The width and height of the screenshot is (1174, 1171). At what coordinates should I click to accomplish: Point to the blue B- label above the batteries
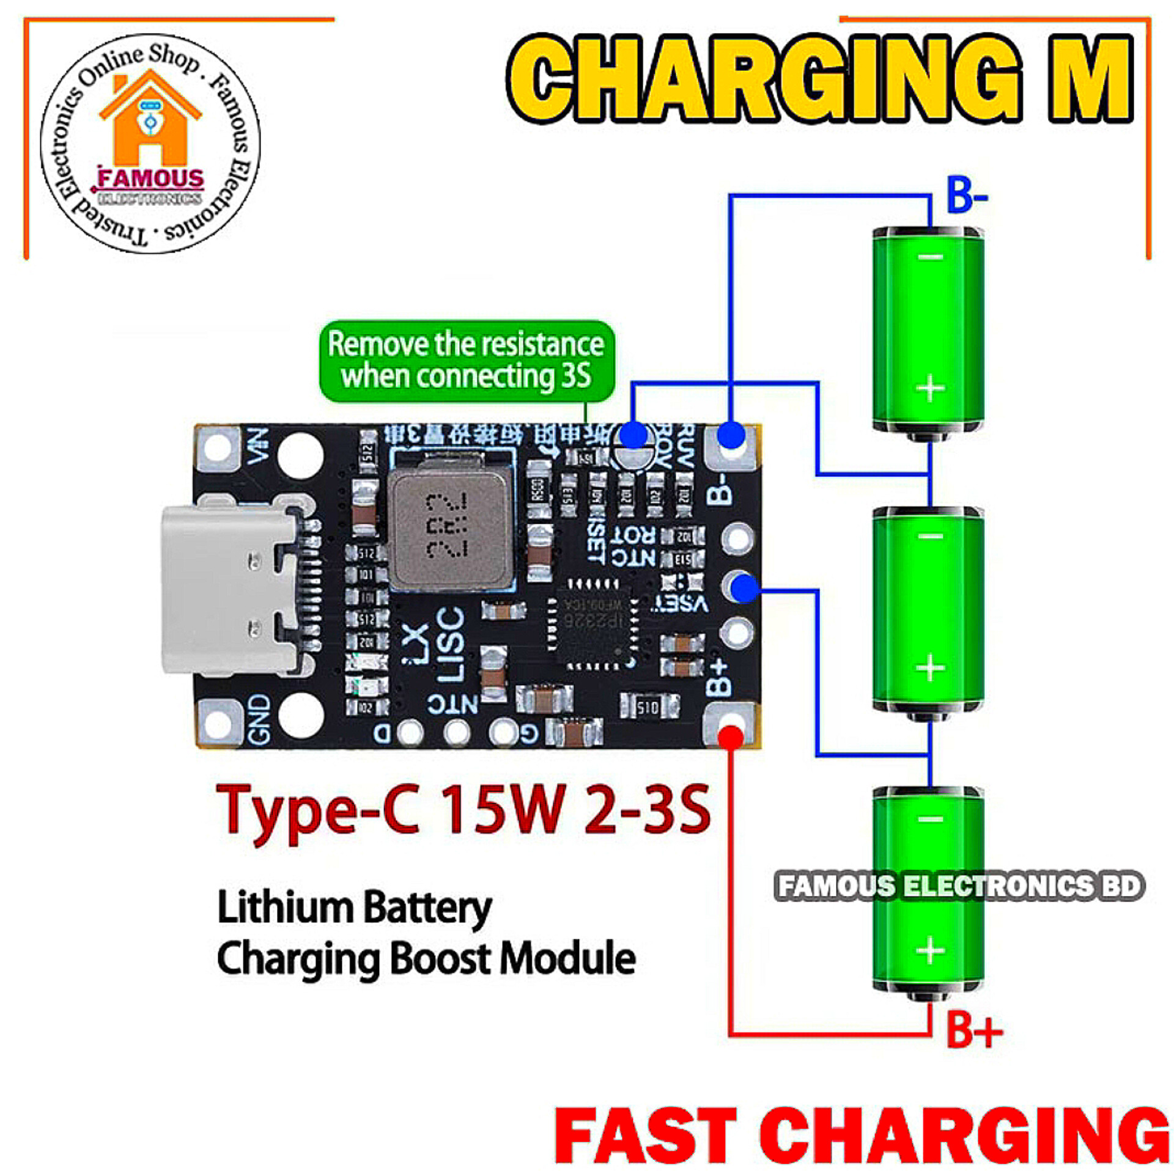(965, 196)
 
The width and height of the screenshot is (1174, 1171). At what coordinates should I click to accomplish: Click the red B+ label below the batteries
(973, 1030)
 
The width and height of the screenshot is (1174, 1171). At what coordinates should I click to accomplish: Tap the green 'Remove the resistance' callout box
(467, 361)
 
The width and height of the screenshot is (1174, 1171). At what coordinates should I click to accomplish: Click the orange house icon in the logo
(150, 119)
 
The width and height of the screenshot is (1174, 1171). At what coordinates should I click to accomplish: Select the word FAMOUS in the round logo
(150, 179)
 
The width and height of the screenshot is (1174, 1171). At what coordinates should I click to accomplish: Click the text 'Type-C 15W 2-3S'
(463, 812)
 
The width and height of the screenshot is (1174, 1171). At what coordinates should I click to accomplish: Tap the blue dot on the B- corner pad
(731, 436)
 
